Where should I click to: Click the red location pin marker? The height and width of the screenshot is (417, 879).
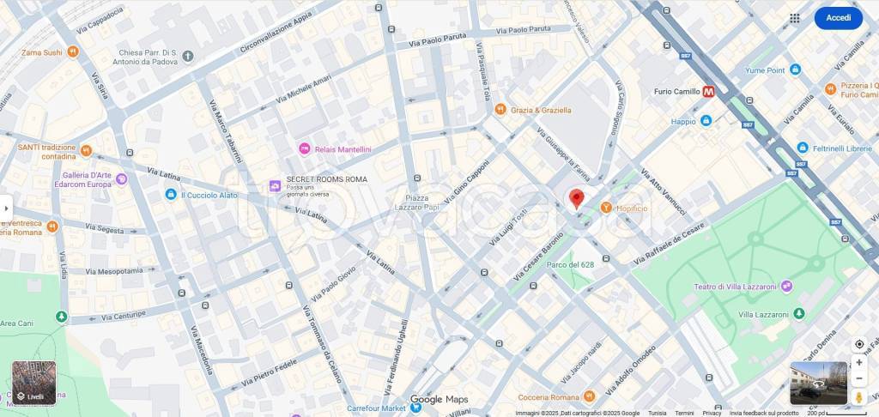tap(577, 198)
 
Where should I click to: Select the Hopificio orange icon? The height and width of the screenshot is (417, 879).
tap(606, 208)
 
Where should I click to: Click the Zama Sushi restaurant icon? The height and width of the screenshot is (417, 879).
tap(73, 52)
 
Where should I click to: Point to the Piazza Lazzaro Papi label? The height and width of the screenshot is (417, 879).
tap(417, 202)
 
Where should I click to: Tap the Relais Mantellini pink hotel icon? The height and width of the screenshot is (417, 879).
tap(304, 149)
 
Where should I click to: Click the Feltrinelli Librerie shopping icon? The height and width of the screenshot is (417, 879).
tap(803, 148)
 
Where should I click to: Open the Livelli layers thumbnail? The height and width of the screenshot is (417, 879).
tap(34, 383)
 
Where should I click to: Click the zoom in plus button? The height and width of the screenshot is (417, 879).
tap(858, 362)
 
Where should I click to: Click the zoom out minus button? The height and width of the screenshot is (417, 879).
tap(858, 378)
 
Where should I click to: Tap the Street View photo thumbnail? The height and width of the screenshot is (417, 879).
tap(818, 383)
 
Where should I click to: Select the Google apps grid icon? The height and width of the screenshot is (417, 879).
tap(795, 18)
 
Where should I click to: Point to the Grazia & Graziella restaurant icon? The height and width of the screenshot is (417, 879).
tap(500, 110)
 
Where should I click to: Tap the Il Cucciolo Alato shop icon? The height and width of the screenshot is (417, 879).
tap(171, 195)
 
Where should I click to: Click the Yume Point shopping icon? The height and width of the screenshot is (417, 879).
tap(795, 69)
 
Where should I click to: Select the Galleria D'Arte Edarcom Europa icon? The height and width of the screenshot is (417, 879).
tap(121, 178)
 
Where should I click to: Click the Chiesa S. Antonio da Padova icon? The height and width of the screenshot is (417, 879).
tap(188, 57)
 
